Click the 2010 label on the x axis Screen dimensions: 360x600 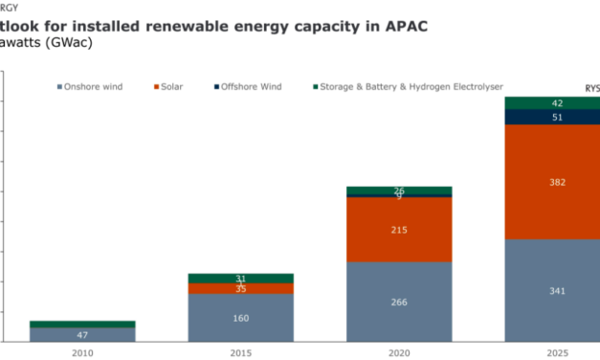coord(82,352)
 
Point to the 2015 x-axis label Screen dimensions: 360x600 coord(240,352)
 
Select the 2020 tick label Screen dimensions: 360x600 coord(399,352)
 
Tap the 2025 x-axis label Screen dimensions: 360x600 coord(557,352)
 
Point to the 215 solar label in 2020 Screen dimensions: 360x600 coord(399,230)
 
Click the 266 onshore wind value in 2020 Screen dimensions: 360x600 coord(399,303)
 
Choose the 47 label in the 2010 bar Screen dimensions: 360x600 coord(82,335)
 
